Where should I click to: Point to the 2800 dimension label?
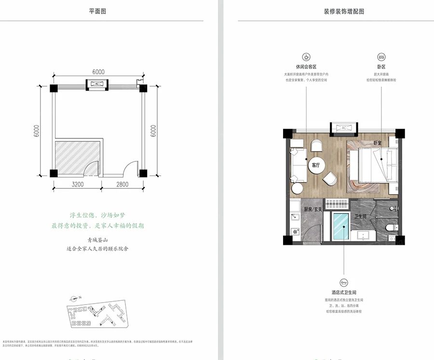(x=122, y=184)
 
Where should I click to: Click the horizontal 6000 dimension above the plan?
(x=98, y=72)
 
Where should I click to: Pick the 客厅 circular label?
(x=316, y=165)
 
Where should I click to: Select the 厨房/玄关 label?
(x=312, y=210)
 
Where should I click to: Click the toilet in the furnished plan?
(x=391, y=227)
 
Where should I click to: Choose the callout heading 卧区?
(x=380, y=67)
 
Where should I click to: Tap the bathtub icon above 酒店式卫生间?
(x=344, y=282)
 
